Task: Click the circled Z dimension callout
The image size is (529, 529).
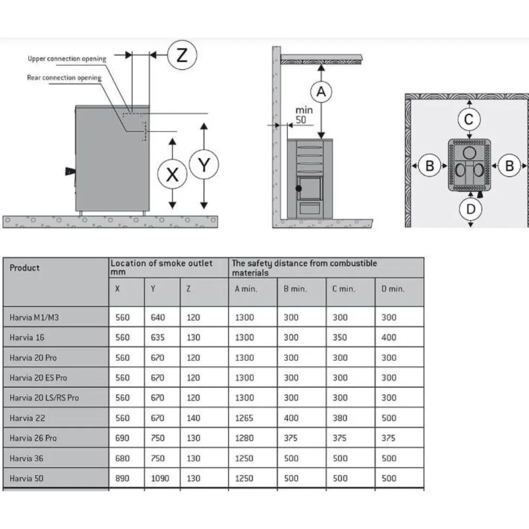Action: tap(182, 55)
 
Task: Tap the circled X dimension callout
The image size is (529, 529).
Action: tap(172, 174)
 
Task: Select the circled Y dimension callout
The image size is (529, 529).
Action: tap(204, 165)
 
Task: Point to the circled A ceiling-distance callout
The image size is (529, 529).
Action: tap(321, 92)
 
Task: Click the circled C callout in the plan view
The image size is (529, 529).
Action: tap(469, 119)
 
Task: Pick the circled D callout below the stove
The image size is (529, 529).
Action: tap(471, 209)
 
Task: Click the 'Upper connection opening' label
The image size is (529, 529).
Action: tap(67, 59)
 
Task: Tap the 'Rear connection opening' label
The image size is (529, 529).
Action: tap(64, 78)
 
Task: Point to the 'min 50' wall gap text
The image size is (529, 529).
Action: tap(304, 115)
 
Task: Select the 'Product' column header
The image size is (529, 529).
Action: tap(24, 268)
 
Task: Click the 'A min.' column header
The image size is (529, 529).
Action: tap(245, 289)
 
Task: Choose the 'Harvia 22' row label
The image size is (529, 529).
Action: tap(27, 418)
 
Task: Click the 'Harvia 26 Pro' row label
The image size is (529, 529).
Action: tap(33, 438)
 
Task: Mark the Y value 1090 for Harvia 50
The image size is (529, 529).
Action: tap(160, 478)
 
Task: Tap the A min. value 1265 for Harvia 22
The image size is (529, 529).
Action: tap(244, 418)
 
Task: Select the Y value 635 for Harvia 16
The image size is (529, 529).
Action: tap(158, 338)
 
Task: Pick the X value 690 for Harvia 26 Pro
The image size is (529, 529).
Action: tap(122, 438)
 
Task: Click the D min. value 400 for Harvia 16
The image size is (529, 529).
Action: tap(389, 338)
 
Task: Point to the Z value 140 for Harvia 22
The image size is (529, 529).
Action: tap(193, 418)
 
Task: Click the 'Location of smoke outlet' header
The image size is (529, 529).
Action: tap(161, 263)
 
